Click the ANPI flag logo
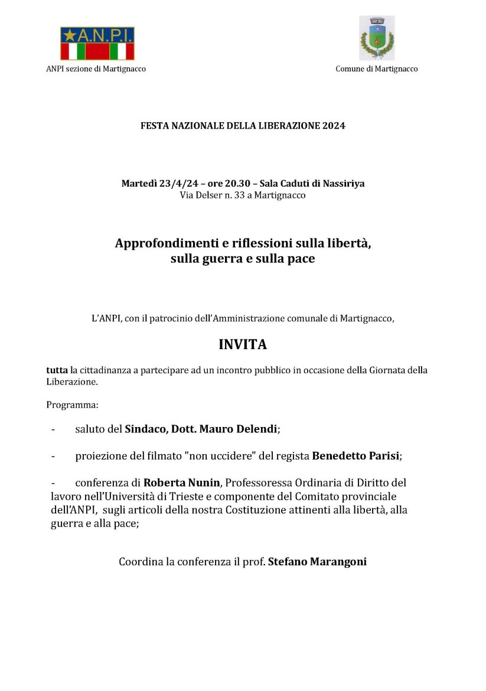(97, 44)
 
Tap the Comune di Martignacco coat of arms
(376, 38)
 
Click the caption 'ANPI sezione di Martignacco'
(96, 69)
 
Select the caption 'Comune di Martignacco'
(376, 69)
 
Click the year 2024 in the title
(334, 126)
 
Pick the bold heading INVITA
(243, 345)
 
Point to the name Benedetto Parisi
(355, 456)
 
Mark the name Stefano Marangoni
(317, 562)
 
